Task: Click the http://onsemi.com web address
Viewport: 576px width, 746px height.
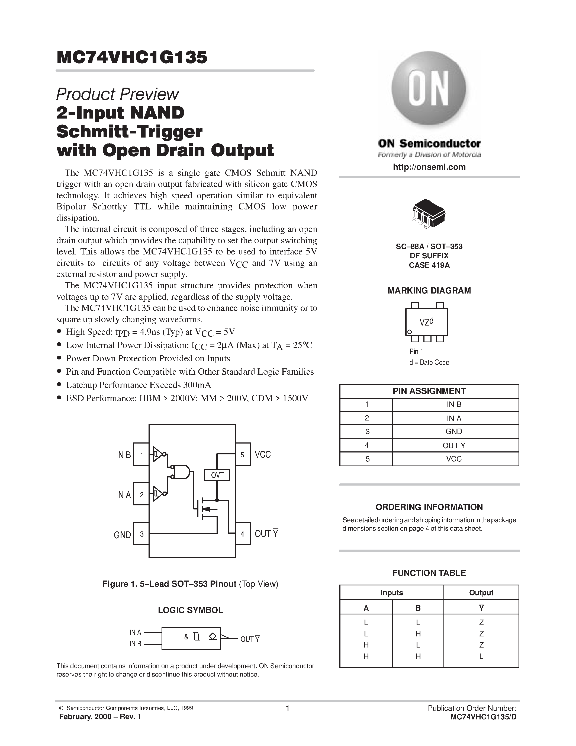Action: (x=429, y=167)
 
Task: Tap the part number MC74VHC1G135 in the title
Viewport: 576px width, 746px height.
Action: (x=132, y=58)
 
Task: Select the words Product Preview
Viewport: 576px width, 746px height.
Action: (x=117, y=94)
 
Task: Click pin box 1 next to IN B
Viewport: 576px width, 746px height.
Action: (x=141, y=454)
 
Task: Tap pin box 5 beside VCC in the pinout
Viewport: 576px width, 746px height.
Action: (x=242, y=454)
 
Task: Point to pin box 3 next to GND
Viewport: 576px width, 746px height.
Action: (x=141, y=534)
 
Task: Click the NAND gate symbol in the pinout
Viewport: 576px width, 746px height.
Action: (x=181, y=472)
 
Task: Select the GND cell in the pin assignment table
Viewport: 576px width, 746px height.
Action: (x=453, y=431)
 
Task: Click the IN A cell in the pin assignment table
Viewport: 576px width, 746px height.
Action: (x=453, y=418)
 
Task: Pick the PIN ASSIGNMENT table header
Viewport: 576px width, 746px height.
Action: (x=429, y=391)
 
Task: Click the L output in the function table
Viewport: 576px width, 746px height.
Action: (x=481, y=656)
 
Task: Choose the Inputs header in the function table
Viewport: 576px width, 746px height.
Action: (x=391, y=593)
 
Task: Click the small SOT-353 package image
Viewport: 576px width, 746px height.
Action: (x=429, y=214)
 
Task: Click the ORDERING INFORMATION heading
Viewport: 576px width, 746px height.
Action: (x=429, y=507)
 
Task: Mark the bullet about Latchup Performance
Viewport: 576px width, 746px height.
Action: (x=138, y=385)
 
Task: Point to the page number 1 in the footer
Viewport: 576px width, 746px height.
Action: (x=287, y=708)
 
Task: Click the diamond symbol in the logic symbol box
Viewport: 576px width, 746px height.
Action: (x=213, y=636)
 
